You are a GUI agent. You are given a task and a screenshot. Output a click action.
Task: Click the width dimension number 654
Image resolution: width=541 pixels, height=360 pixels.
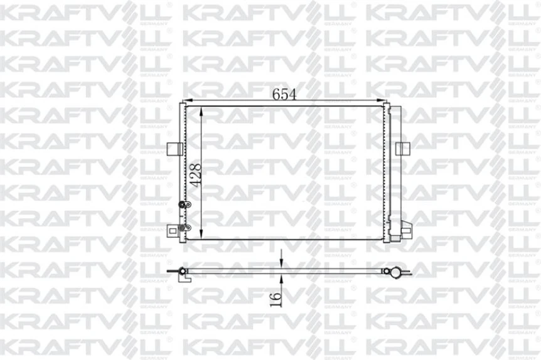pyautogui.click(x=284, y=94)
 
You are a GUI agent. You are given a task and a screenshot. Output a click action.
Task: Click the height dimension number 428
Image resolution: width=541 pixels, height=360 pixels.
pyautogui.click(x=195, y=176)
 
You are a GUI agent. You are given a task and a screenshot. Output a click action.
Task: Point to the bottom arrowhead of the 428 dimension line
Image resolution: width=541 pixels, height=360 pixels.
pyautogui.click(x=201, y=235)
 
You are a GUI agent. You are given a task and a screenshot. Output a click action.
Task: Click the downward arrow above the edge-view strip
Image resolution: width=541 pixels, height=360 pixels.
pyautogui.click(x=281, y=260)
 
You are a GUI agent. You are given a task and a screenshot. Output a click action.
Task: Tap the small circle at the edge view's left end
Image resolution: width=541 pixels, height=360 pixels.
pyautogui.click(x=183, y=271)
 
